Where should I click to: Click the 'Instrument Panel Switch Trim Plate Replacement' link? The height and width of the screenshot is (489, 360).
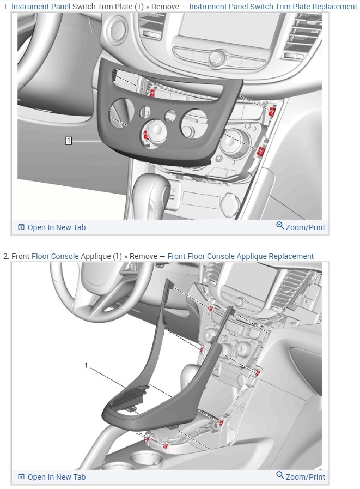[x=273, y=6]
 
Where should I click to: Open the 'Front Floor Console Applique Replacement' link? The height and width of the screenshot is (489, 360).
[x=240, y=256]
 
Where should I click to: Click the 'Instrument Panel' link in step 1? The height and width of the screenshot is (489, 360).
[x=41, y=6]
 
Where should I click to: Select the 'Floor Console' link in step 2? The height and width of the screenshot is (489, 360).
[x=55, y=256]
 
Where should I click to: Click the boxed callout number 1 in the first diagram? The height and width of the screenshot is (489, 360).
[x=68, y=141]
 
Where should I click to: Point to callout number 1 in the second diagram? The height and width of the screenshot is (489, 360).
[x=87, y=365]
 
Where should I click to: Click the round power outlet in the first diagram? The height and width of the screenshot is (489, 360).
[x=230, y=203]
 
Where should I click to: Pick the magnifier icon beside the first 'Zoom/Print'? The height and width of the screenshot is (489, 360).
[x=280, y=226]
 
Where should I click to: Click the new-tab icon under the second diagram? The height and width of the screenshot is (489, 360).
[x=21, y=477]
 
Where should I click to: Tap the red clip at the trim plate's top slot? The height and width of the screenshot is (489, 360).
[x=152, y=93]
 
